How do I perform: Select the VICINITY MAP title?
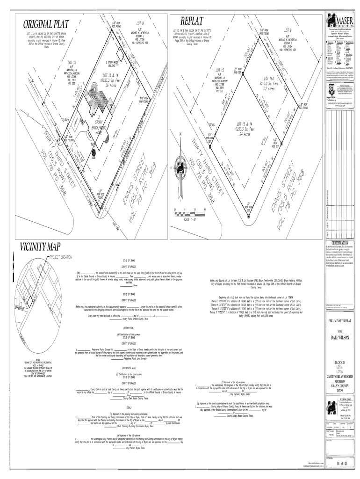[40, 247]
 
